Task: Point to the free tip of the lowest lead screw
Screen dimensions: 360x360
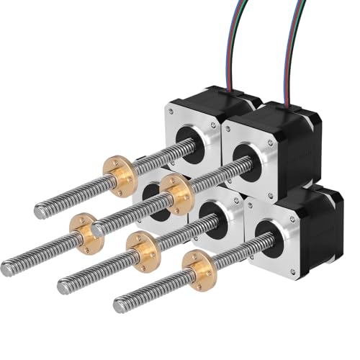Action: (119, 306)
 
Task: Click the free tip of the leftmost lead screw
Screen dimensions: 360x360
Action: (6, 269)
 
